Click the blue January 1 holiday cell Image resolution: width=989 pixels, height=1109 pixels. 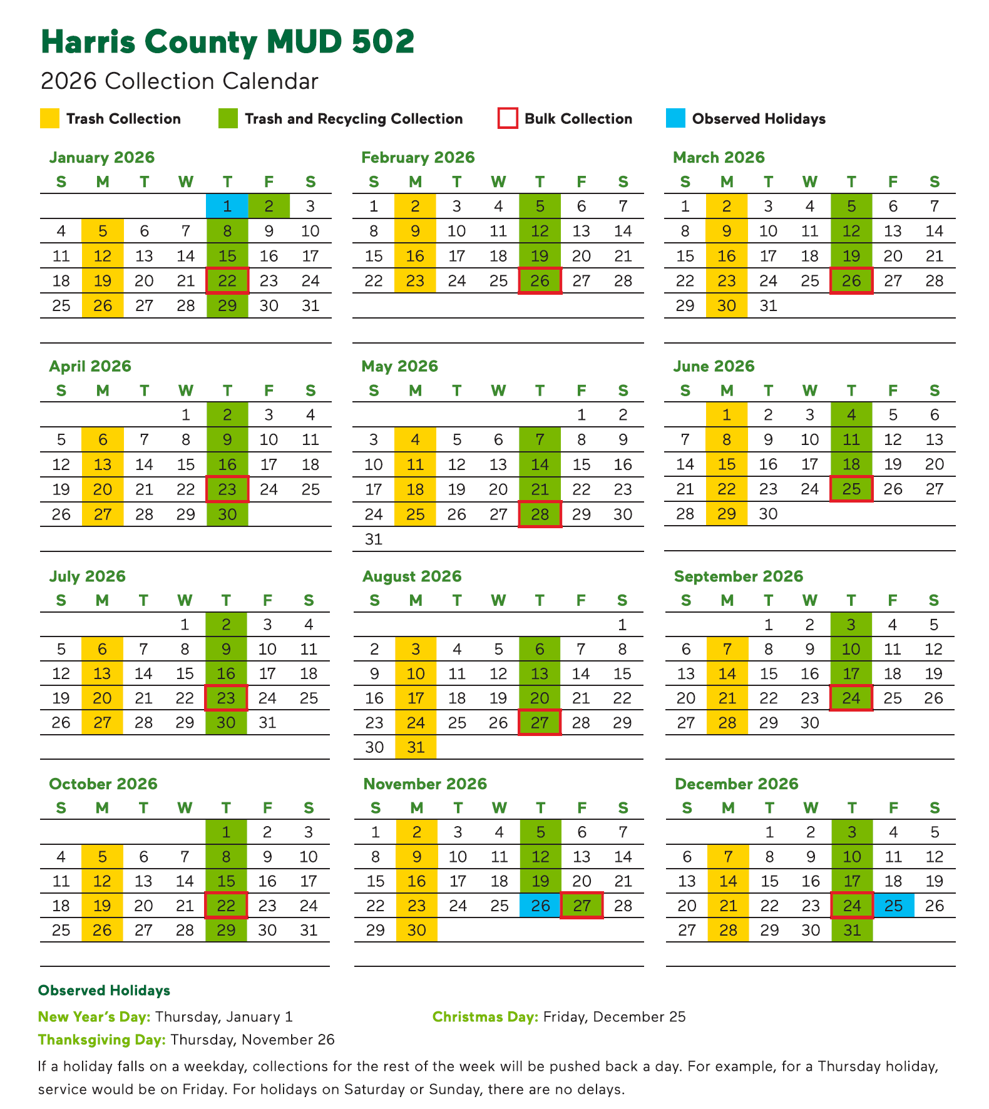tap(227, 207)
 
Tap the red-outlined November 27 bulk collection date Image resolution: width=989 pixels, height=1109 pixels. tap(582, 906)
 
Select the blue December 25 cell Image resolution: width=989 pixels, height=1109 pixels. tap(893, 906)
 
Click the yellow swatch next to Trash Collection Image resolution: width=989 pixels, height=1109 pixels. tap(50, 119)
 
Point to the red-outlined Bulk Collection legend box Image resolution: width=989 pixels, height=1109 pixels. tap(508, 119)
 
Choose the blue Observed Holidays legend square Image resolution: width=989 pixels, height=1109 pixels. tap(676, 119)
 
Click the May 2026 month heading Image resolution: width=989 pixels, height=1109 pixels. tap(399, 366)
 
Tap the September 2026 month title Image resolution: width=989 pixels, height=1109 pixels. tap(738, 576)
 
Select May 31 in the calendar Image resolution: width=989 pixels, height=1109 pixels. tap(374, 539)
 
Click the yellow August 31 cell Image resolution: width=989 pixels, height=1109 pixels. tap(416, 747)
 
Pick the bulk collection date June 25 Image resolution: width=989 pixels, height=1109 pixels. tap(851, 489)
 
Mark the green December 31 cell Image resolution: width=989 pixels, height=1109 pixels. tap(852, 930)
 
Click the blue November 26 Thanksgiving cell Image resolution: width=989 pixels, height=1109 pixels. tap(540, 906)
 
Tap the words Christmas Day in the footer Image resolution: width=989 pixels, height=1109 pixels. tap(485, 1017)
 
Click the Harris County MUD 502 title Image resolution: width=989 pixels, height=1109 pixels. tap(227, 42)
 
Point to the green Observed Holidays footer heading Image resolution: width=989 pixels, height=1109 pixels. tap(104, 991)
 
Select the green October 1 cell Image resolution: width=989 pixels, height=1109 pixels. tap(226, 832)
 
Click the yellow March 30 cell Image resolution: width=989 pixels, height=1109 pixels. tap(727, 305)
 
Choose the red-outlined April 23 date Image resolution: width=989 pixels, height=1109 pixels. tap(227, 489)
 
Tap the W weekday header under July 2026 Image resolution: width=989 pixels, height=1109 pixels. tap(185, 600)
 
